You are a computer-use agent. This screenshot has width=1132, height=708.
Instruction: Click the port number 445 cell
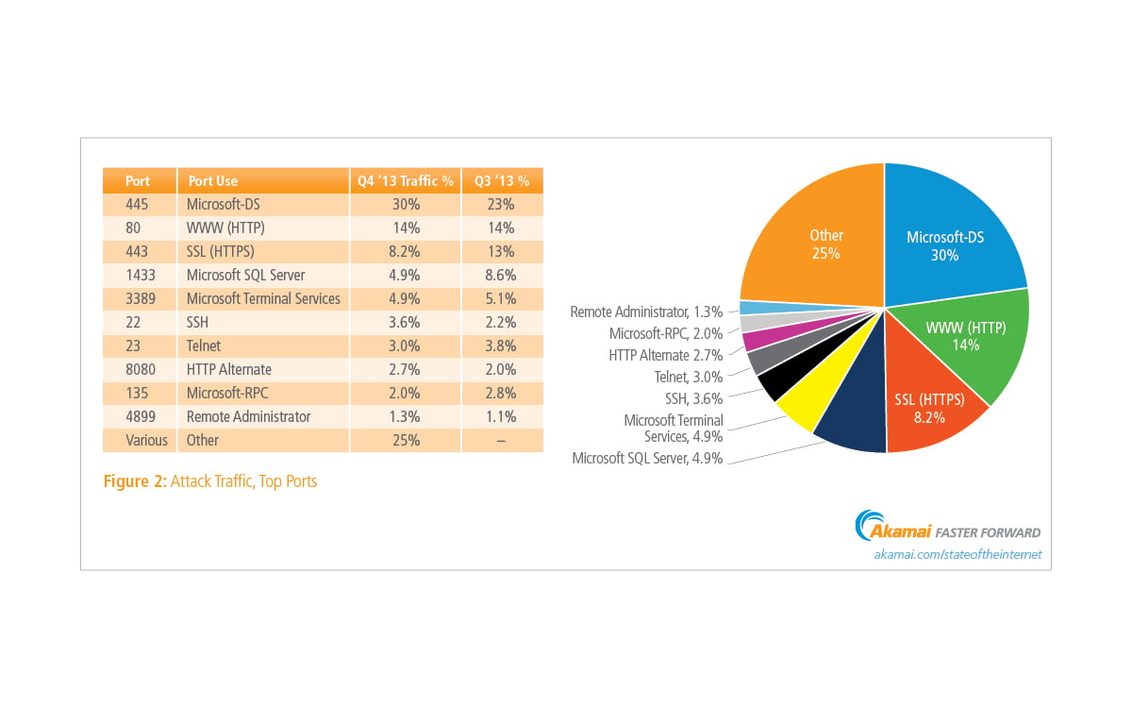[138, 204]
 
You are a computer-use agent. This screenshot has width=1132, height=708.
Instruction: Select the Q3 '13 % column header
[502, 180]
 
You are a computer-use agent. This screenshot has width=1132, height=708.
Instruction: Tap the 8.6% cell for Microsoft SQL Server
[502, 275]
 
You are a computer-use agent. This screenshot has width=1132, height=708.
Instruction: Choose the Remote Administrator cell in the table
[248, 416]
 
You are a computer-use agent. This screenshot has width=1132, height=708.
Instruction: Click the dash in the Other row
[502, 440]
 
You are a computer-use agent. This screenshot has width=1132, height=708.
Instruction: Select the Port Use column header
[212, 180]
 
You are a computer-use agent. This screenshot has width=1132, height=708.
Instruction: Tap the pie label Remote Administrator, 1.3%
[646, 312]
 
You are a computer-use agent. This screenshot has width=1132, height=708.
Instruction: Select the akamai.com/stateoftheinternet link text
[957, 554]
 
